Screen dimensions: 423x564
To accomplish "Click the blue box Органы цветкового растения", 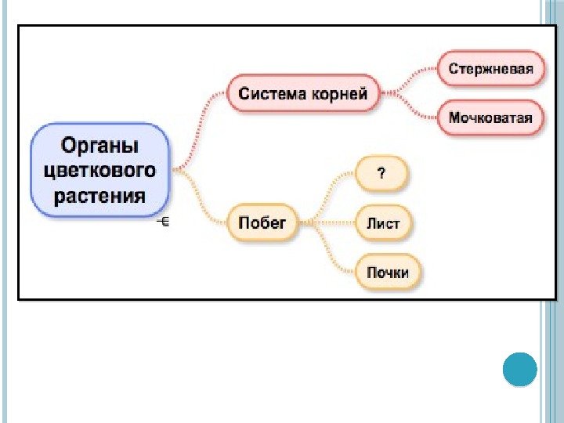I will point(99,170).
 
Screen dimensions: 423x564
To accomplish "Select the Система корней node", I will point(302,95).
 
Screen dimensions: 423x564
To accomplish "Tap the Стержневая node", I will point(490,69).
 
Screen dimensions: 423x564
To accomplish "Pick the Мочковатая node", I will point(490,118).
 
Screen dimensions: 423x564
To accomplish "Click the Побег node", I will point(262,223).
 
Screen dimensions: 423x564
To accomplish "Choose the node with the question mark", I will point(381,175).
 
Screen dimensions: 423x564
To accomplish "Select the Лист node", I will point(383,223).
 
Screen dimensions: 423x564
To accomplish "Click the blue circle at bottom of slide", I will point(519,369).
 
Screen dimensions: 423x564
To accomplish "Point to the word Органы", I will point(99,146).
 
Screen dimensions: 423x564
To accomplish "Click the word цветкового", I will point(99,170).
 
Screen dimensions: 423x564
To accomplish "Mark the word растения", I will point(99,194).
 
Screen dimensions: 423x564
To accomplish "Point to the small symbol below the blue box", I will point(164,222).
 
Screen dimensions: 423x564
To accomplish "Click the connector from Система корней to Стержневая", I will point(411,78).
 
